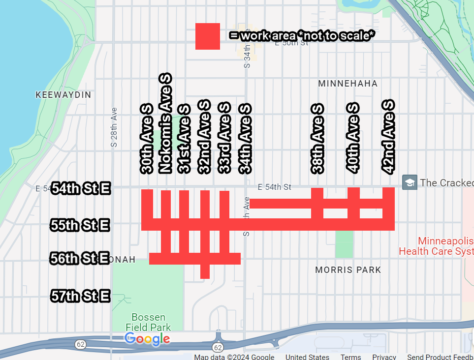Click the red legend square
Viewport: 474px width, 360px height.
point(207,36)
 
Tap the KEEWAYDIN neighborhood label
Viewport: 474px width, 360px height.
point(63,95)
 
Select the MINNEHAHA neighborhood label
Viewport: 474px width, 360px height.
point(348,84)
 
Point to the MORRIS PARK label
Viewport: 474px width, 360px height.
point(348,270)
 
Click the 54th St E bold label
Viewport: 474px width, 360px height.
point(80,189)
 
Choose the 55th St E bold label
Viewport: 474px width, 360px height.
point(80,226)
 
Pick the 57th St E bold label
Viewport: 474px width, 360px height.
point(80,297)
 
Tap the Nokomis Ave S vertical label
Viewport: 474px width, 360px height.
point(165,124)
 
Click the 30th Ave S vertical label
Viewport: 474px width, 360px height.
point(147,139)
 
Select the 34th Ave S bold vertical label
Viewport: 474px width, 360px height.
point(245,139)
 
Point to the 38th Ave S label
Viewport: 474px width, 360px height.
point(317,139)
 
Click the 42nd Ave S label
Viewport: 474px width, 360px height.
point(388,137)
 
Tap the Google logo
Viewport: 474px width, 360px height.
point(147,339)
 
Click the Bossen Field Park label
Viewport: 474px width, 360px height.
point(148,322)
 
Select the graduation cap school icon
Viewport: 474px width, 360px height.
point(410,182)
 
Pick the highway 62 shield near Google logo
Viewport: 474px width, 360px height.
point(80,344)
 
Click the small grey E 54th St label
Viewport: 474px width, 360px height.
point(275,187)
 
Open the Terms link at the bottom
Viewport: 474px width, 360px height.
point(350,357)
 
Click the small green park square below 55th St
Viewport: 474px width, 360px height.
point(344,244)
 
